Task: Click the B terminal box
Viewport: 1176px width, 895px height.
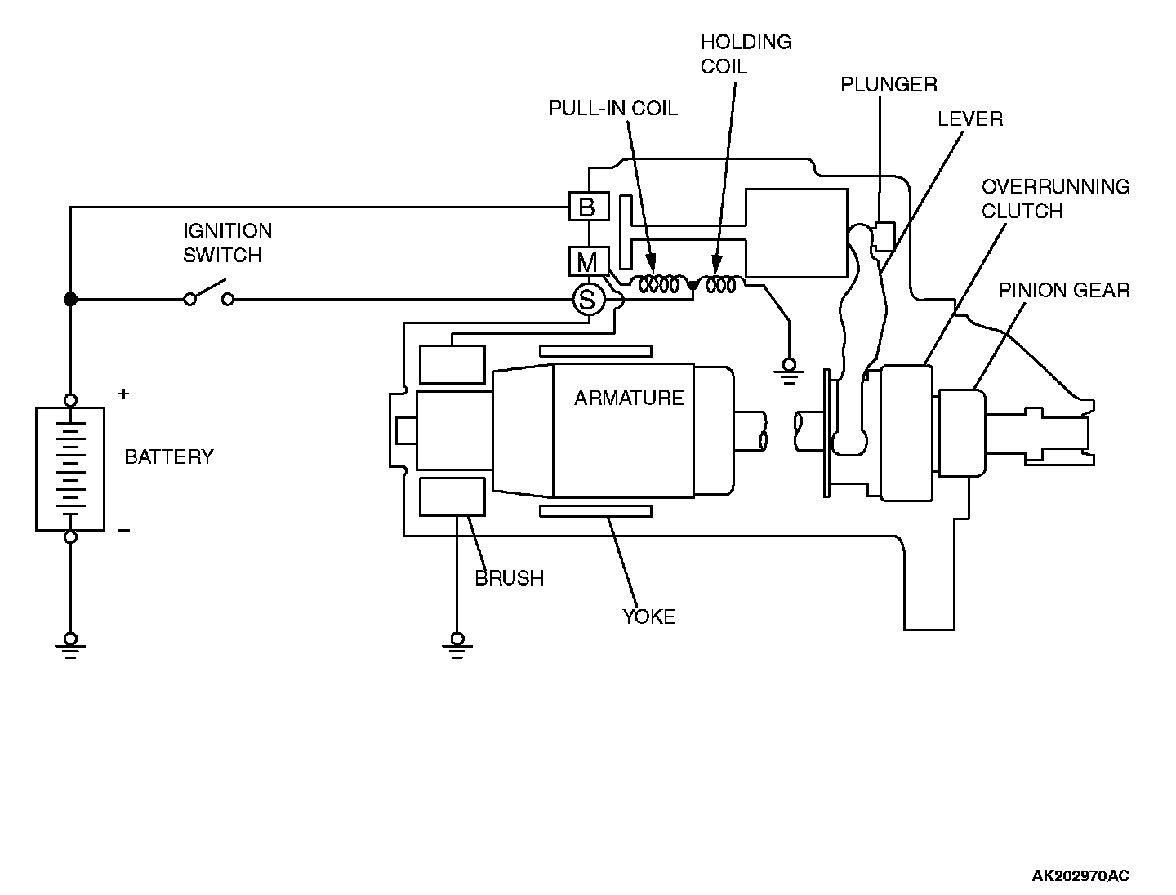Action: (588, 207)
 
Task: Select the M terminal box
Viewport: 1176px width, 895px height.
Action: (588, 262)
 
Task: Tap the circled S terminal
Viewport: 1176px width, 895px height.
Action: (586, 300)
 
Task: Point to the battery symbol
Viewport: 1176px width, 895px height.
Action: (70, 469)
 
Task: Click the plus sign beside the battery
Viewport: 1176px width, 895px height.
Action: (123, 394)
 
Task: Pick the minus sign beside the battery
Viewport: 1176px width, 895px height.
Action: (123, 531)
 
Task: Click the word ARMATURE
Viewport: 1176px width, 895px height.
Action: (629, 399)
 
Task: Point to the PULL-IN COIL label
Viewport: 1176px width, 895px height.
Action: (612, 109)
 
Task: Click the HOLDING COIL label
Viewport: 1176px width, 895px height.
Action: (746, 54)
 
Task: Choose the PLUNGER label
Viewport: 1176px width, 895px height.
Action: (889, 84)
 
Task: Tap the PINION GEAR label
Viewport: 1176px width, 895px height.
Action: (1064, 291)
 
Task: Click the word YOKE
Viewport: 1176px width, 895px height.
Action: (649, 617)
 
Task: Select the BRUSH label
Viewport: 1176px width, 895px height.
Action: (509, 578)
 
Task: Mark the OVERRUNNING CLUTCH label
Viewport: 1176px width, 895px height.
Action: (1055, 198)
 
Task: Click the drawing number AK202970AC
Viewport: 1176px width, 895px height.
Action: (1080, 876)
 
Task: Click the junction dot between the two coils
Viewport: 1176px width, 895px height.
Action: (693, 286)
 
